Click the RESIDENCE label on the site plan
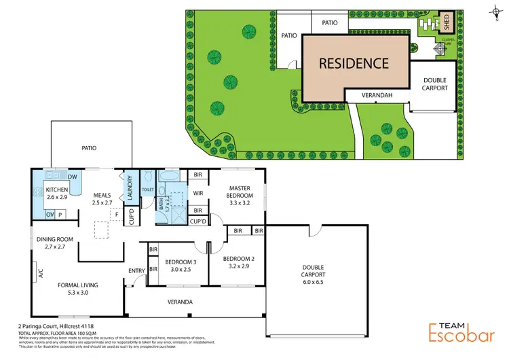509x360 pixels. tap(354, 64)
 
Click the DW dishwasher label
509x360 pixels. tap(71, 177)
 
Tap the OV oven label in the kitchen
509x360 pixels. tap(49, 215)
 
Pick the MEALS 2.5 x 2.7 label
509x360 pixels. tap(102, 198)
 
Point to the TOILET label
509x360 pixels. tap(149, 181)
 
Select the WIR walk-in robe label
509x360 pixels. tap(198, 194)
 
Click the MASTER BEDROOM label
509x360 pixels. tap(240, 195)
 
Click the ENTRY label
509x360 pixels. tap(136, 271)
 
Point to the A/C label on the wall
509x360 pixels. tap(41, 274)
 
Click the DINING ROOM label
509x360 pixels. tap(54, 242)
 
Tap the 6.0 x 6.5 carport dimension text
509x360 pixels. tap(314, 283)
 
